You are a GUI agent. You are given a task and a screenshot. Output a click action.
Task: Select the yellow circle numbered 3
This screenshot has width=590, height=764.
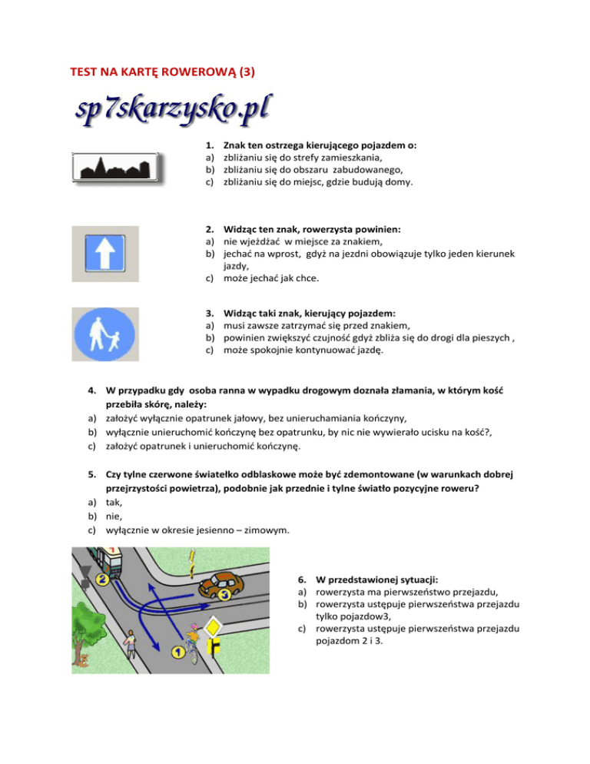click(224, 594)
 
